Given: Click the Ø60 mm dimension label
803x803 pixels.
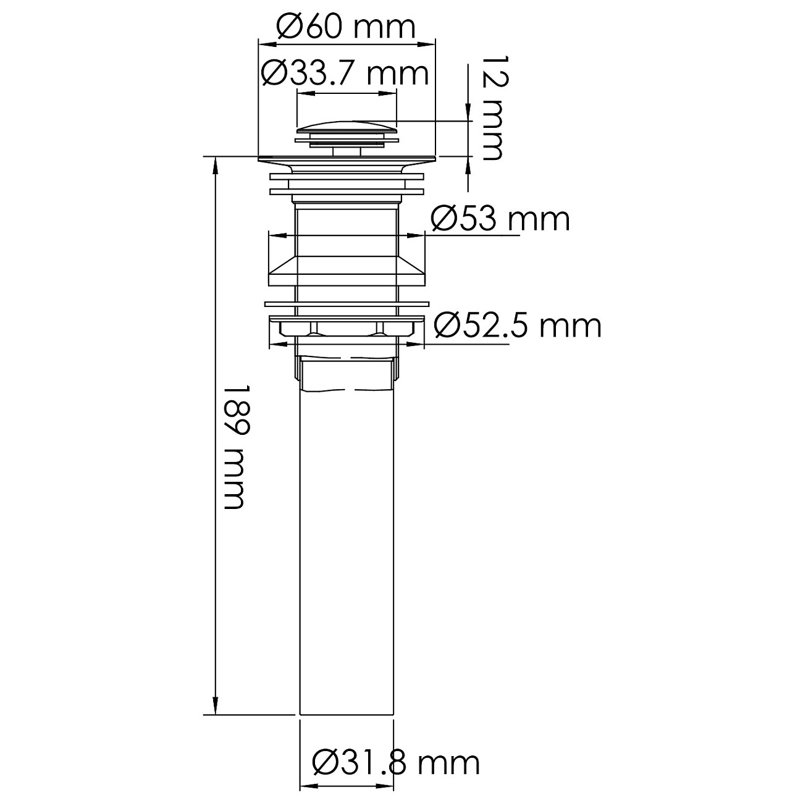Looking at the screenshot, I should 346,27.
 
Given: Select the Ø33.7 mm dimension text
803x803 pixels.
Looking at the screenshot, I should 345,74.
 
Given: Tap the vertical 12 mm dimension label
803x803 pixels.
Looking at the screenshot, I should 492,107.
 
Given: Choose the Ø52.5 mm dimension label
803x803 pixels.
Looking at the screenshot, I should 517,325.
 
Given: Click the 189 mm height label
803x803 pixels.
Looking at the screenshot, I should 235,447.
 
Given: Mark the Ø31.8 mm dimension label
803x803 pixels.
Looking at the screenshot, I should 396,763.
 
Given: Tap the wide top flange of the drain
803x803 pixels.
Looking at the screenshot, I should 347,160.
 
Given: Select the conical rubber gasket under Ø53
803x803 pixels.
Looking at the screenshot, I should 347,272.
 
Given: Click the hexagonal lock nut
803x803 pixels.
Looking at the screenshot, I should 347,327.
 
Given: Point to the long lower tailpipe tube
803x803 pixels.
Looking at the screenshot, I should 347,556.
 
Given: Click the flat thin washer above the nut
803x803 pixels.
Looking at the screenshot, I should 347,304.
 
